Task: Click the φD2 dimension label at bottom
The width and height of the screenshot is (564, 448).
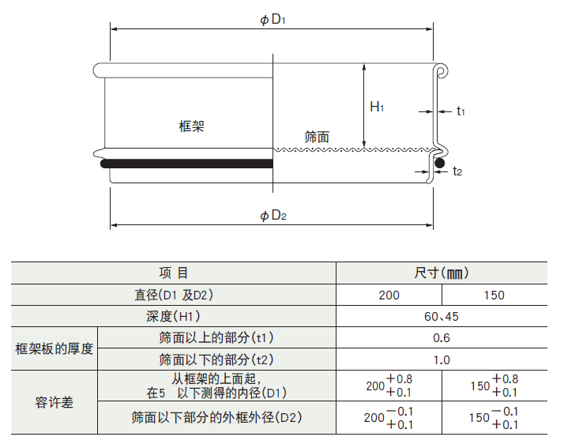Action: point(273,216)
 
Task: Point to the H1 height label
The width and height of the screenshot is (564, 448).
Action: point(377,107)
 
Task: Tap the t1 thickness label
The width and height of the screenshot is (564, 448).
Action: point(461,111)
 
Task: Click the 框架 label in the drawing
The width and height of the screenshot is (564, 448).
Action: point(191,126)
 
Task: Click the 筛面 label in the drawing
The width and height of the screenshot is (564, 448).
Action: point(317,137)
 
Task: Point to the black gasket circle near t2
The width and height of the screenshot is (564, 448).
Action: point(439,164)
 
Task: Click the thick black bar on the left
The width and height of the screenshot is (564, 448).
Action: point(186,164)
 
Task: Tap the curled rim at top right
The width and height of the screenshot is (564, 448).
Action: point(442,71)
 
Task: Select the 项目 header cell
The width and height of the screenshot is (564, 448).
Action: point(174,273)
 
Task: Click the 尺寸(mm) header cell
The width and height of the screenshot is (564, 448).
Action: point(442,273)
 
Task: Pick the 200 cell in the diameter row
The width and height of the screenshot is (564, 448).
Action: point(389,296)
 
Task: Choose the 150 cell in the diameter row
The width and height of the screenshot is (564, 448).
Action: point(494,296)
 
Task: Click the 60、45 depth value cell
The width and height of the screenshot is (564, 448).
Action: point(441,317)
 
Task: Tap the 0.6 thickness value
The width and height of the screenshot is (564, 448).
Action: point(441,338)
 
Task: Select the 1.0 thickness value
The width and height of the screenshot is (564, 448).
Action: point(441,360)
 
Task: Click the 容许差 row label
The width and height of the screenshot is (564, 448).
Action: point(55,403)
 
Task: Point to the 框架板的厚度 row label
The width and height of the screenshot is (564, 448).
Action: point(55,348)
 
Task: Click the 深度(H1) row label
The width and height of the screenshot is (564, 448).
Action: point(174,317)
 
